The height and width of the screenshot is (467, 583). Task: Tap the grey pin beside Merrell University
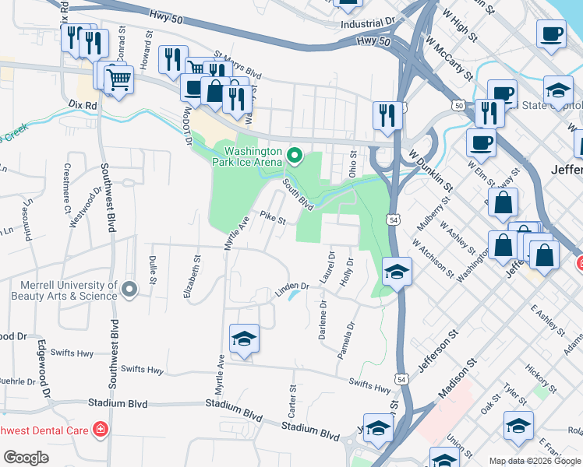pos(130,290)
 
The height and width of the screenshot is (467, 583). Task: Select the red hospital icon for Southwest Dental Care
pos(101,430)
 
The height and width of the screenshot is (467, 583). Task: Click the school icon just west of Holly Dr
pos(397,272)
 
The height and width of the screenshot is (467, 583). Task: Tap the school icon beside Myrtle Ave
pos(244,339)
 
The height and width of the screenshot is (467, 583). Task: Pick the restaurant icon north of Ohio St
pos(387,116)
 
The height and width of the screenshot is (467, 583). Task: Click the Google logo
pos(26,458)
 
